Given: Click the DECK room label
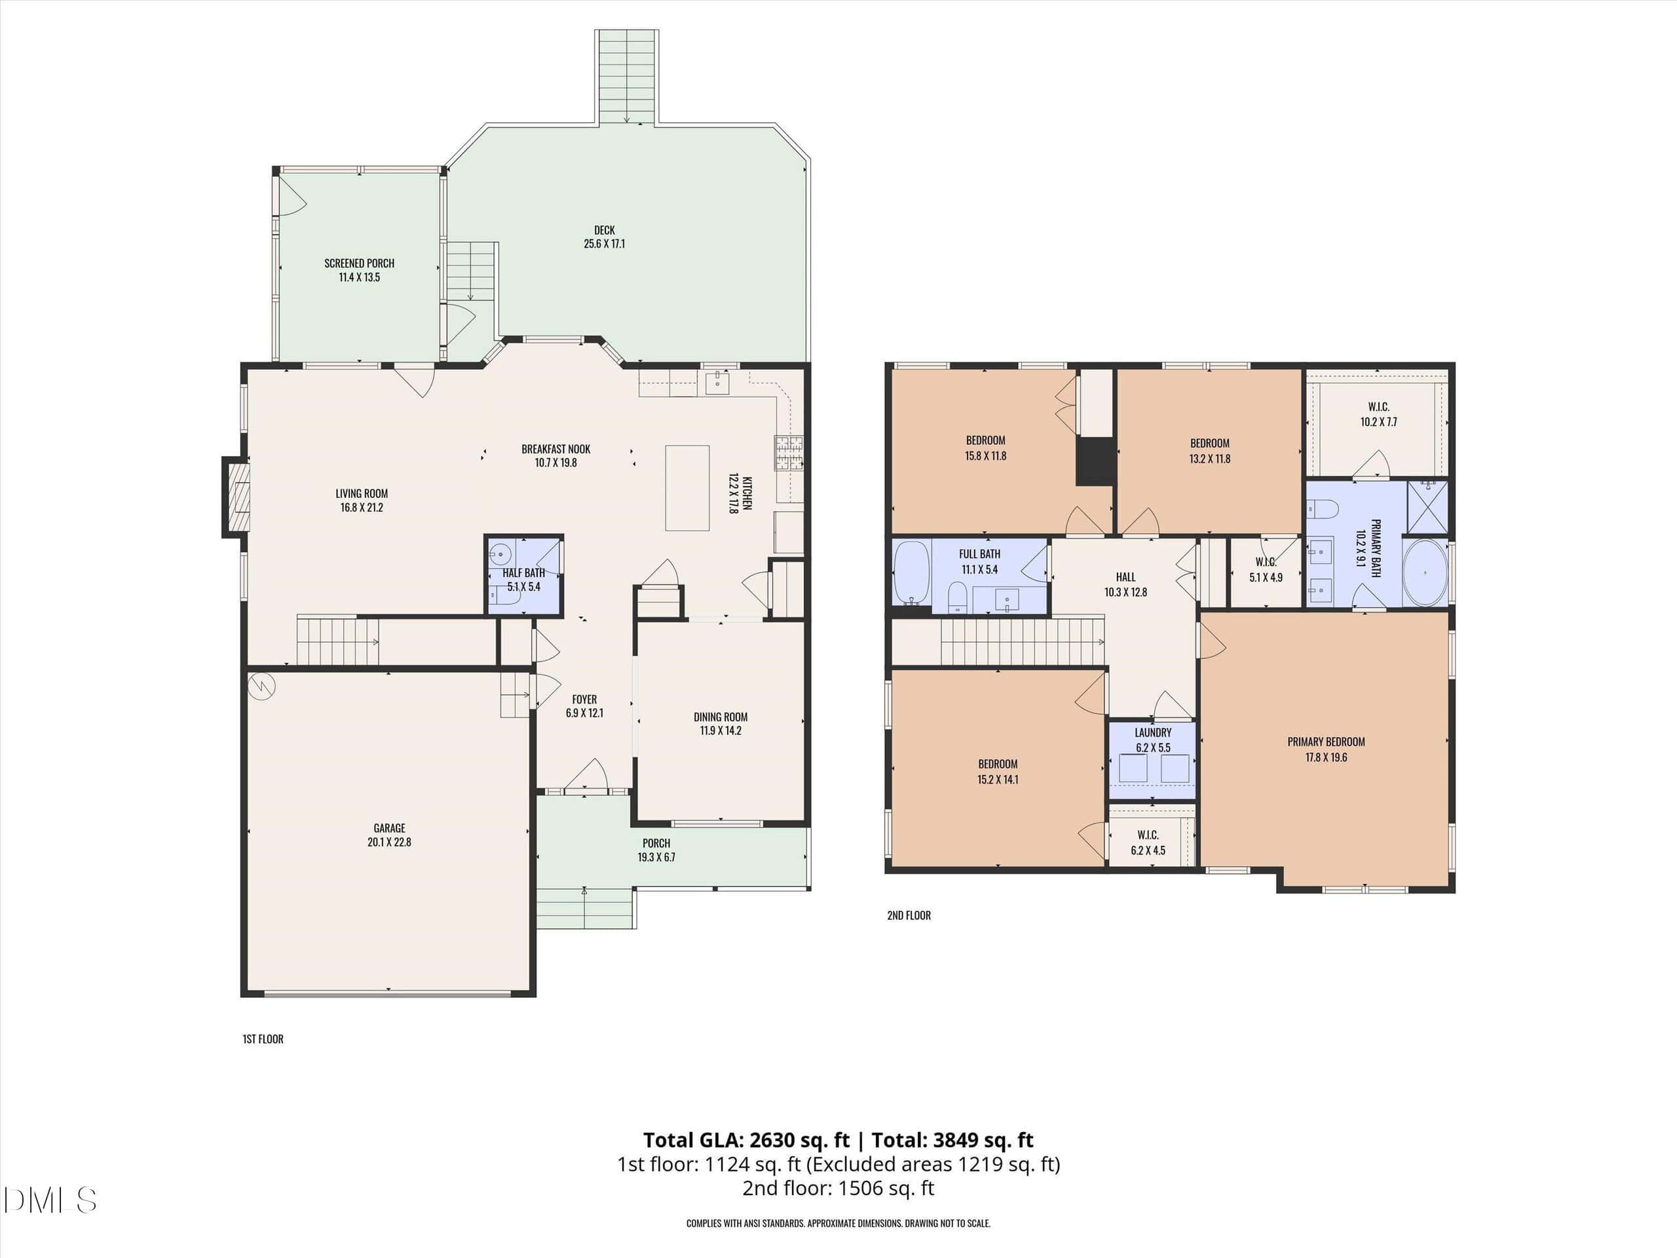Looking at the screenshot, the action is (x=604, y=230).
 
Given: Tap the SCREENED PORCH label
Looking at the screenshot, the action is (x=360, y=263).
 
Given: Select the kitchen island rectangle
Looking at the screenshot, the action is (x=687, y=487).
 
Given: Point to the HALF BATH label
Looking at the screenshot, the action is (x=524, y=573).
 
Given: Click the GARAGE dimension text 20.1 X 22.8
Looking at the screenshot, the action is (x=390, y=842).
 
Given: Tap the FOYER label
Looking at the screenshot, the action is (x=584, y=699).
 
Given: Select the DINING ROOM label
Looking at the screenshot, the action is (x=720, y=717).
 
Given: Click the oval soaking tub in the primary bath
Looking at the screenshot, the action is (x=1425, y=573).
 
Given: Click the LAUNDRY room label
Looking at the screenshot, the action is (x=1153, y=733).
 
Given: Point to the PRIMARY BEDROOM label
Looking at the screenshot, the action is (x=1326, y=742).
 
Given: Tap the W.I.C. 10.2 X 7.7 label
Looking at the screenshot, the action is (x=1378, y=414).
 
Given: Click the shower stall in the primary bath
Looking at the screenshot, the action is (x=1427, y=506).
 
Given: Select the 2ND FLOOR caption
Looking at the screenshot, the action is (x=909, y=915).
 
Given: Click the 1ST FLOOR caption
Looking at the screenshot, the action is (x=263, y=1039).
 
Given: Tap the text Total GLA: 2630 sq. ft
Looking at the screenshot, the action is (x=746, y=1139).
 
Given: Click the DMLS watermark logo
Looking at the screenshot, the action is (x=49, y=1200).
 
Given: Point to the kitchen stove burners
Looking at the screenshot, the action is (x=789, y=453).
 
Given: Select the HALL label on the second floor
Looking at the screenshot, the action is (x=1126, y=577).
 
